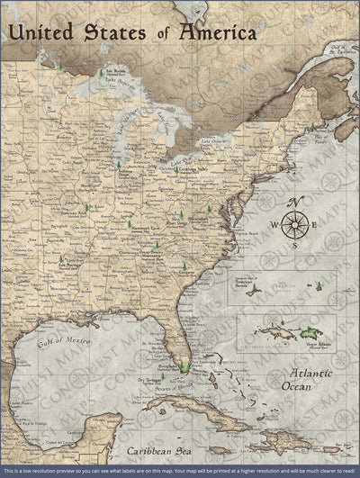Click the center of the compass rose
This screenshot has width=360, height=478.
[293, 224]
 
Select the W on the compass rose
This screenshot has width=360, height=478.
[274, 225]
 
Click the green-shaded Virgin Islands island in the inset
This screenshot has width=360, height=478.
[310, 332]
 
